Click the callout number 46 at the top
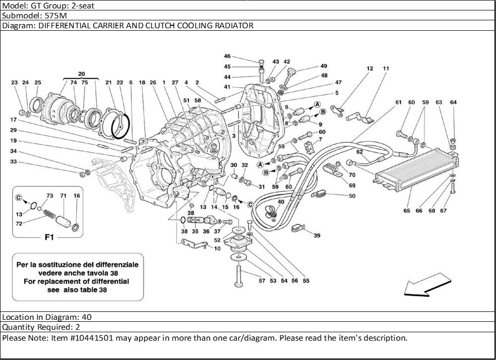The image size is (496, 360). [x=227, y=56]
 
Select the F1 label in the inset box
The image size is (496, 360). [x=49, y=238]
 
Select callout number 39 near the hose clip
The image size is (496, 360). [x=317, y=236]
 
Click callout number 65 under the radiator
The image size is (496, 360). [x=407, y=211]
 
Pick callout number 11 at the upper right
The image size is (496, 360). [x=386, y=68]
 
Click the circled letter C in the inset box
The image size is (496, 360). [x=19, y=197]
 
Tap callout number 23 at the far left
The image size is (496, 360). [x=14, y=82]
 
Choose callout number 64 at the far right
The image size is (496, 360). [x=453, y=103]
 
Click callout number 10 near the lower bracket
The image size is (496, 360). [x=217, y=248]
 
